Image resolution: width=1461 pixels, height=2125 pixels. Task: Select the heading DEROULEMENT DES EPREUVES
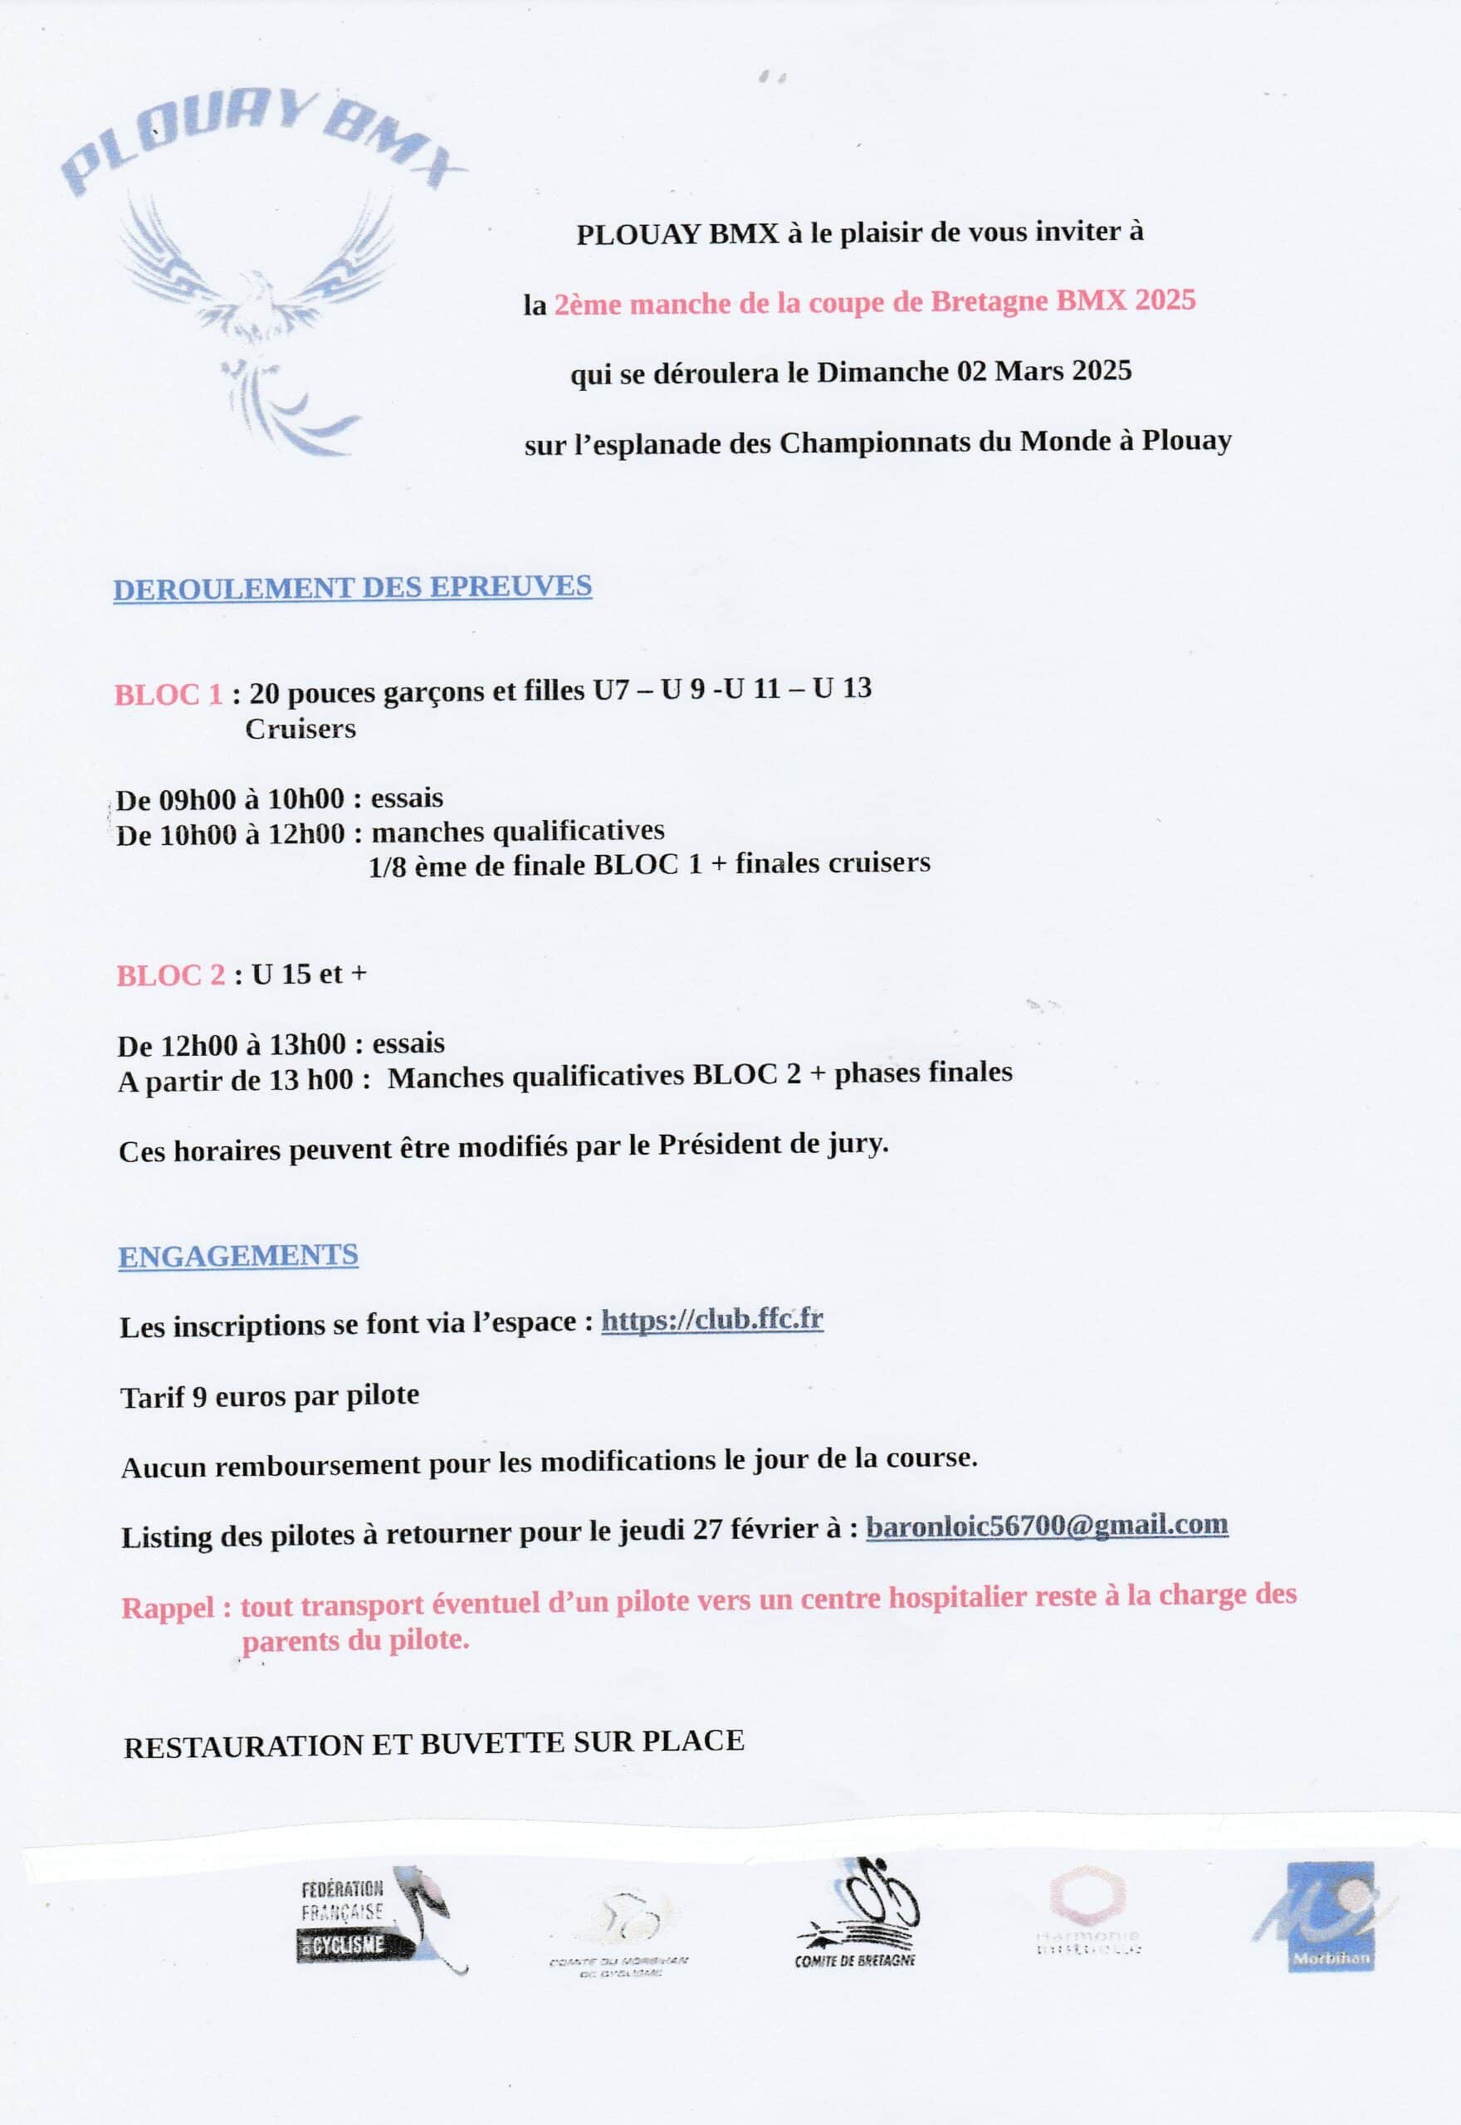coord(353,587)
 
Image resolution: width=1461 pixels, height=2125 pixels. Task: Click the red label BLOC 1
coord(169,695)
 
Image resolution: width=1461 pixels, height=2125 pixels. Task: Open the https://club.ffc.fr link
coord(711,1320)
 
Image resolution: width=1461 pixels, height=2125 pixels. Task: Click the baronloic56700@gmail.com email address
coord(1046,1526)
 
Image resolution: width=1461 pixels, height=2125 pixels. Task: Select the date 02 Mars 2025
coord(1043,371)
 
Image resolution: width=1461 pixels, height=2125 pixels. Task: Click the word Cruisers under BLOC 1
coord(301,730)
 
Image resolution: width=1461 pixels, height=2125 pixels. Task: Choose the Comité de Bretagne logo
coord(857,1912)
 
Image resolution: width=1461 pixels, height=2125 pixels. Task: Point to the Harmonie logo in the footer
coord(1087,1912)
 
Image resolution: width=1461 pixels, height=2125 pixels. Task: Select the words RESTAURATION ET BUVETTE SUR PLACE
coord(433,1744)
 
